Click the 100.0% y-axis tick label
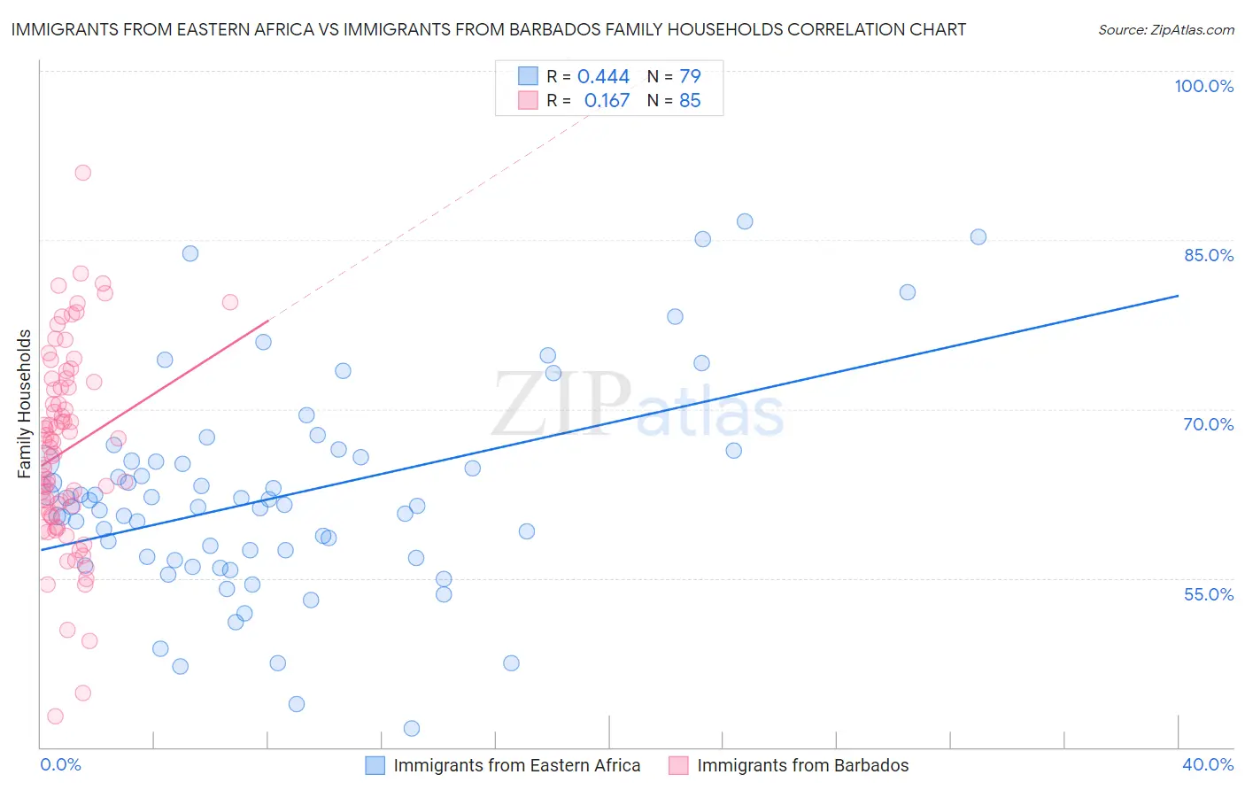coord(1203,86)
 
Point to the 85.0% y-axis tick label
coord(1208,255)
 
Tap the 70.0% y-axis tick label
coord(1208,424)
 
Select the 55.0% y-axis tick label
coord(1208,594)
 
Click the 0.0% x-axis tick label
coord(60,764)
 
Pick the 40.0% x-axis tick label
coord(1208,764)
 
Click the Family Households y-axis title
coord(25,404)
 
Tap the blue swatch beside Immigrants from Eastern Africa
coord(375,765)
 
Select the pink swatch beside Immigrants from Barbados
coord(679,765)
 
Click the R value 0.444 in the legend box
coord(603,77)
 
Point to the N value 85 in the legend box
coord(690,101)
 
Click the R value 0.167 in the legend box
coord(607,101)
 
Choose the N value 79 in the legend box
coord(690,77)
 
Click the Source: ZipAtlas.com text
coord(1165,30)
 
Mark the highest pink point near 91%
coord(82,173)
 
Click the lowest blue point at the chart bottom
coord(412,728)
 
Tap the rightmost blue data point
coord(978,236)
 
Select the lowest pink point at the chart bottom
coord(55,716)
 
